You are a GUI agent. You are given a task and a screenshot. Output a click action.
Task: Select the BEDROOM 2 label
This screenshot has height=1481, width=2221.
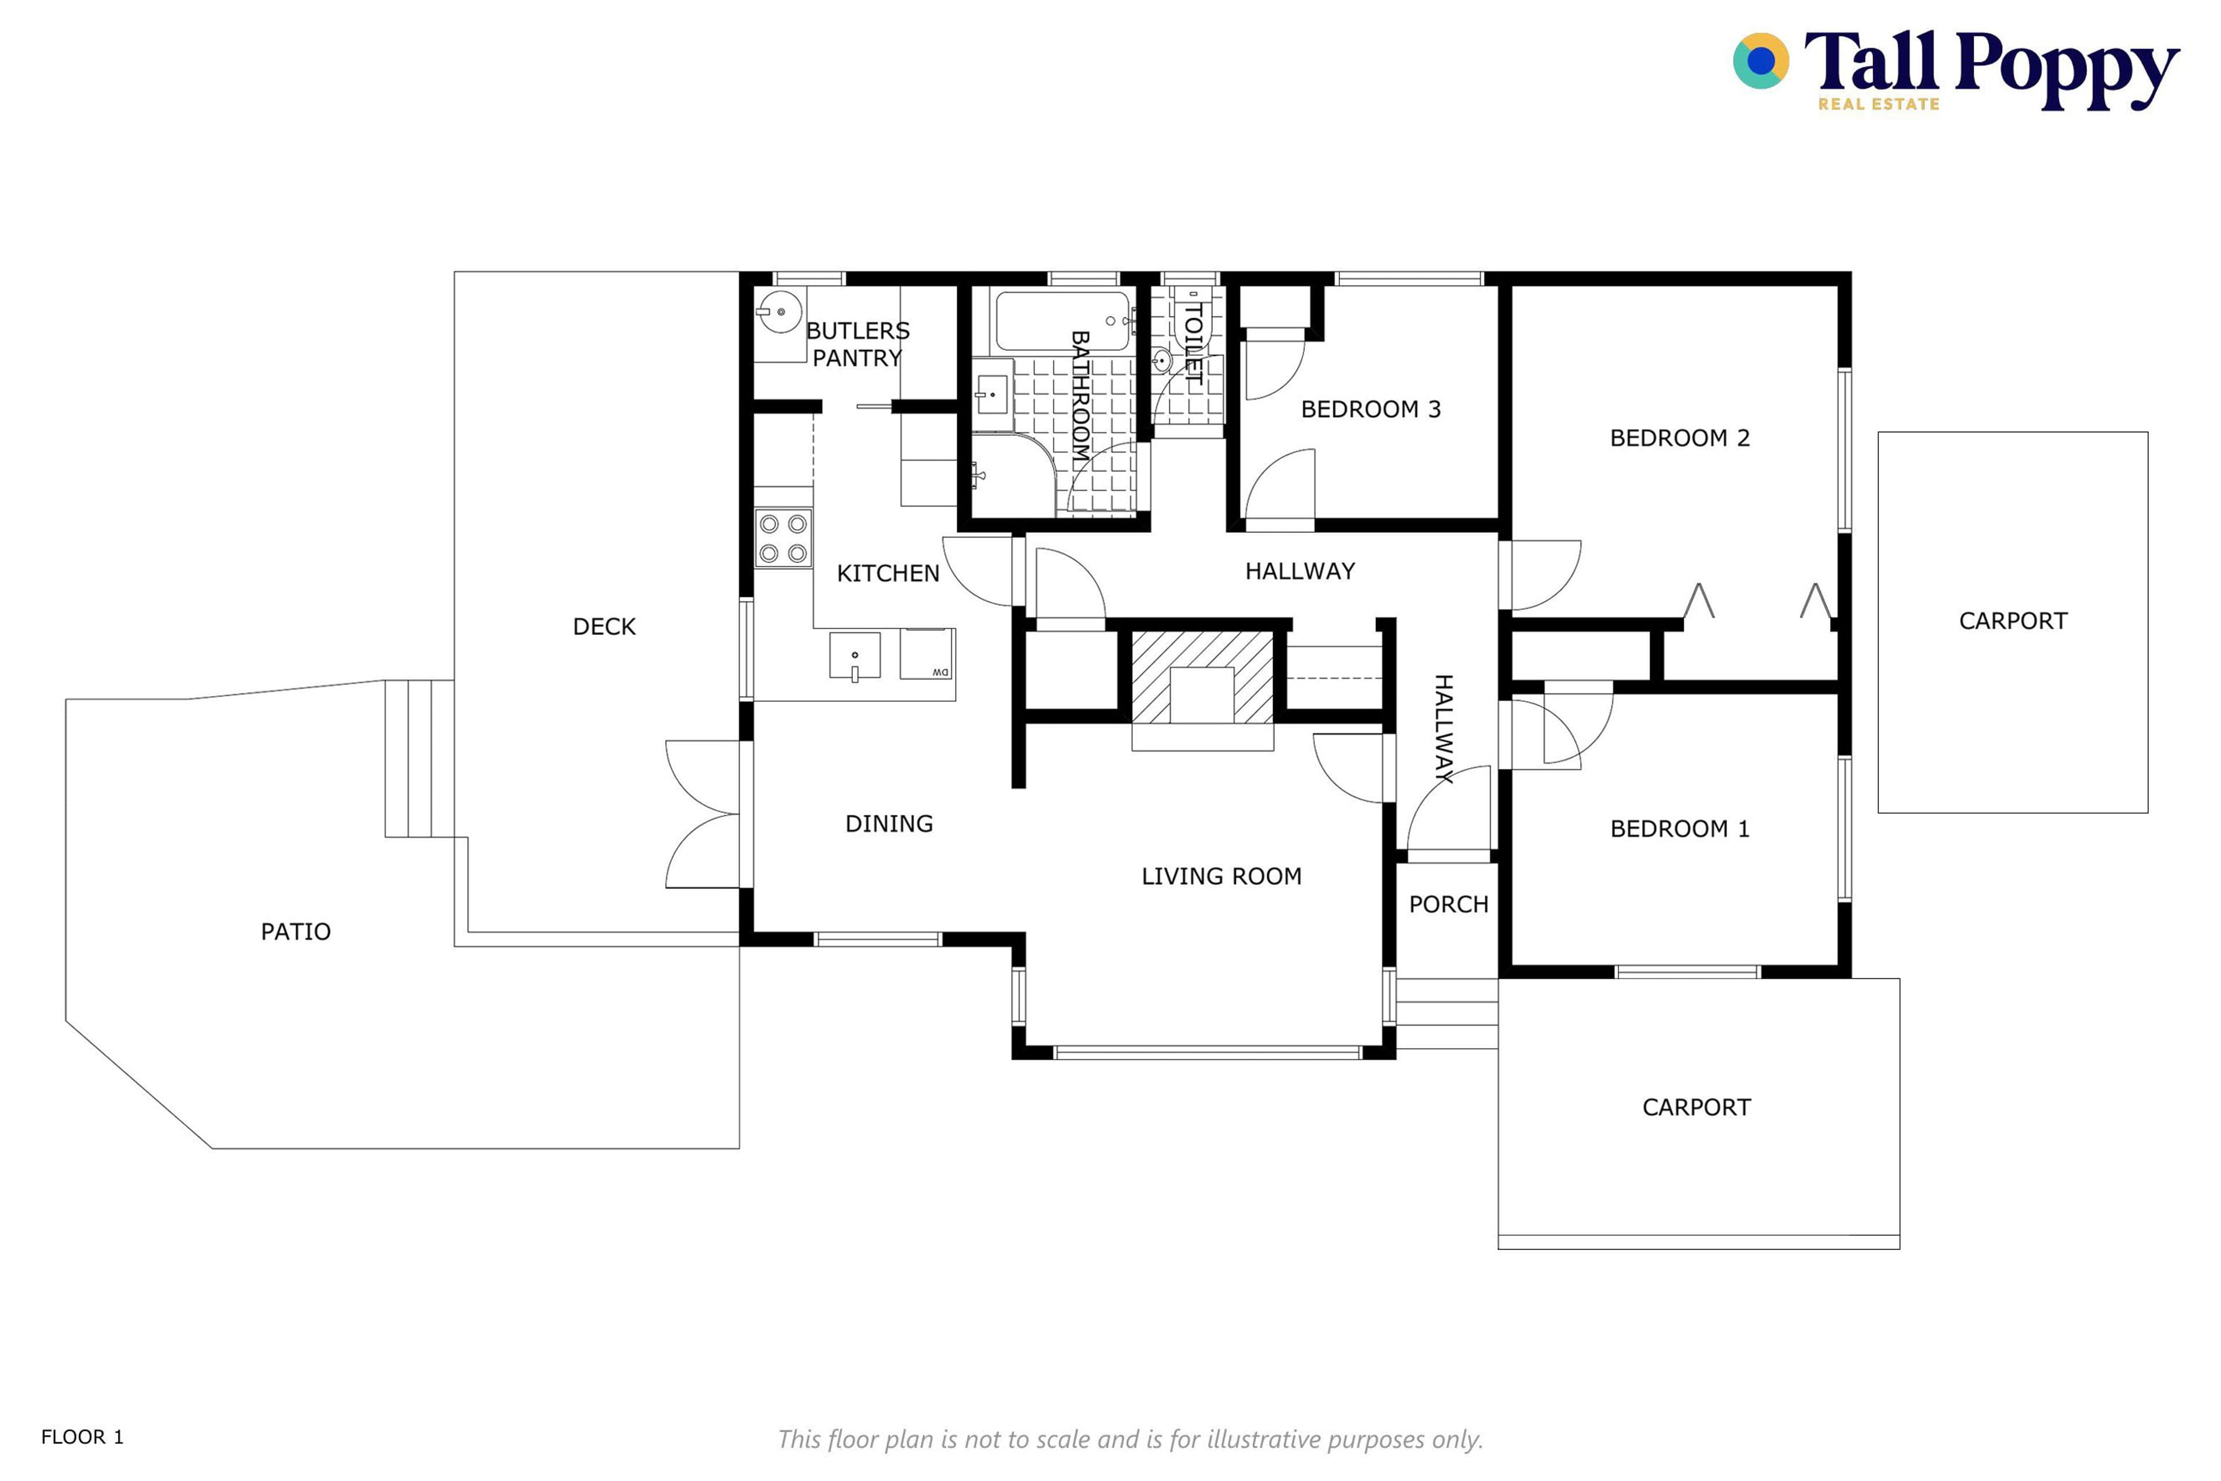click(x=1680, y=439)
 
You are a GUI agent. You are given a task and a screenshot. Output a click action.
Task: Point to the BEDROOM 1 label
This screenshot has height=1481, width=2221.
click(x=1680, y=829)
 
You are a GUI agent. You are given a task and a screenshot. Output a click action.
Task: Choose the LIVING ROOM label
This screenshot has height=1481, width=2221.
click(x=1222, y=876)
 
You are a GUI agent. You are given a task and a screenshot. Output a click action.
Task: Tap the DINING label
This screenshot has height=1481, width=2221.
click(x=888, y=824)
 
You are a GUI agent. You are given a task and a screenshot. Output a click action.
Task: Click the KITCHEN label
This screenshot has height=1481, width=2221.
click(x=888, y=573)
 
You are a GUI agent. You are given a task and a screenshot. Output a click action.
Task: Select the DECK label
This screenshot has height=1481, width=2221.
click(x=604, y=626)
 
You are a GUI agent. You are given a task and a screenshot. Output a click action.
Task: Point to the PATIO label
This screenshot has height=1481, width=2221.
click(x=296, y=932)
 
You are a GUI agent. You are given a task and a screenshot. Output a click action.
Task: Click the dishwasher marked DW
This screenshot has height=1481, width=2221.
click(x=927, y=654)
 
